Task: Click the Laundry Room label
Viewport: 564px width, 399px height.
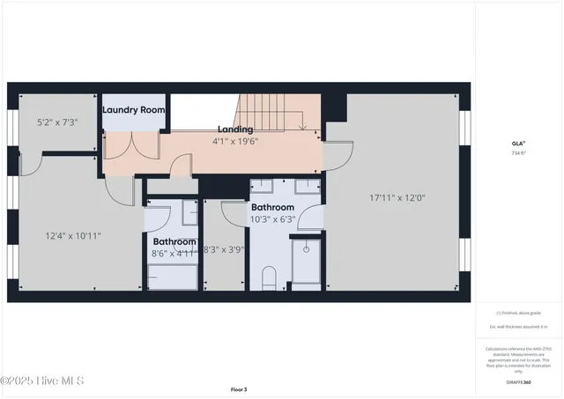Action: click(133, 110)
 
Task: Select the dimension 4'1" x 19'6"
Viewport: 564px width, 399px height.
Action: click(235, 140)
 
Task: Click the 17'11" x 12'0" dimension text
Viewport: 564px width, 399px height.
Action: click(397, 198)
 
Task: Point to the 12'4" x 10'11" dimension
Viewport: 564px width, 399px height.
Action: click(74, 235)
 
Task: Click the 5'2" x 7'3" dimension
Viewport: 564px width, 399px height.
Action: click(57, 122)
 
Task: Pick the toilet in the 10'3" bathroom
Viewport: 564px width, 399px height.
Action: click(271, 276)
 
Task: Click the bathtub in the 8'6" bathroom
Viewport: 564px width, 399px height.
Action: click(172, 276)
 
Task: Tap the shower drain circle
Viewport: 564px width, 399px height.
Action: click(305, 250)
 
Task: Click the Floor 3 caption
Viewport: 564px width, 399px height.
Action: click(239, 388)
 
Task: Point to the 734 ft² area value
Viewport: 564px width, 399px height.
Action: click(518, 152)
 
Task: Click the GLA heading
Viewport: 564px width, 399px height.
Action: click(518, 143)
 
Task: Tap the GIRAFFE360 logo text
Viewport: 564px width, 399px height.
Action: click(518, 382)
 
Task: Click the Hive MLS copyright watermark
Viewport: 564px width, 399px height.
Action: click(42, 381)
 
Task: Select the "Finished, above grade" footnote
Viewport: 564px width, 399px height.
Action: click(518, 313)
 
